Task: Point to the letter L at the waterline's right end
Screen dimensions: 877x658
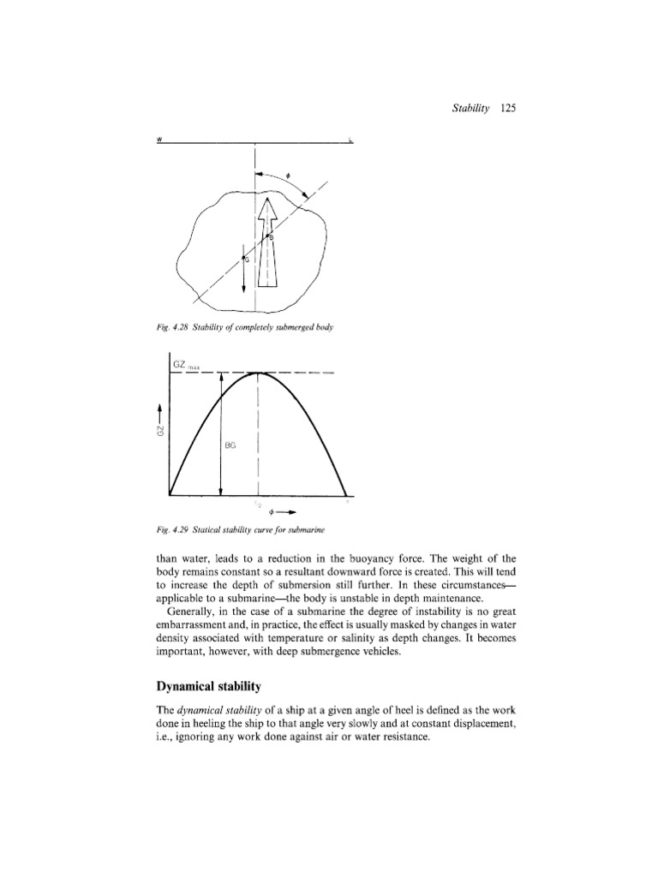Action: tap(351, 142)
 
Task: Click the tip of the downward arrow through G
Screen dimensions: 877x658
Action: tap(245, 290)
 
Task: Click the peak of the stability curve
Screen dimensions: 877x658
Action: tap(258, 373)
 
